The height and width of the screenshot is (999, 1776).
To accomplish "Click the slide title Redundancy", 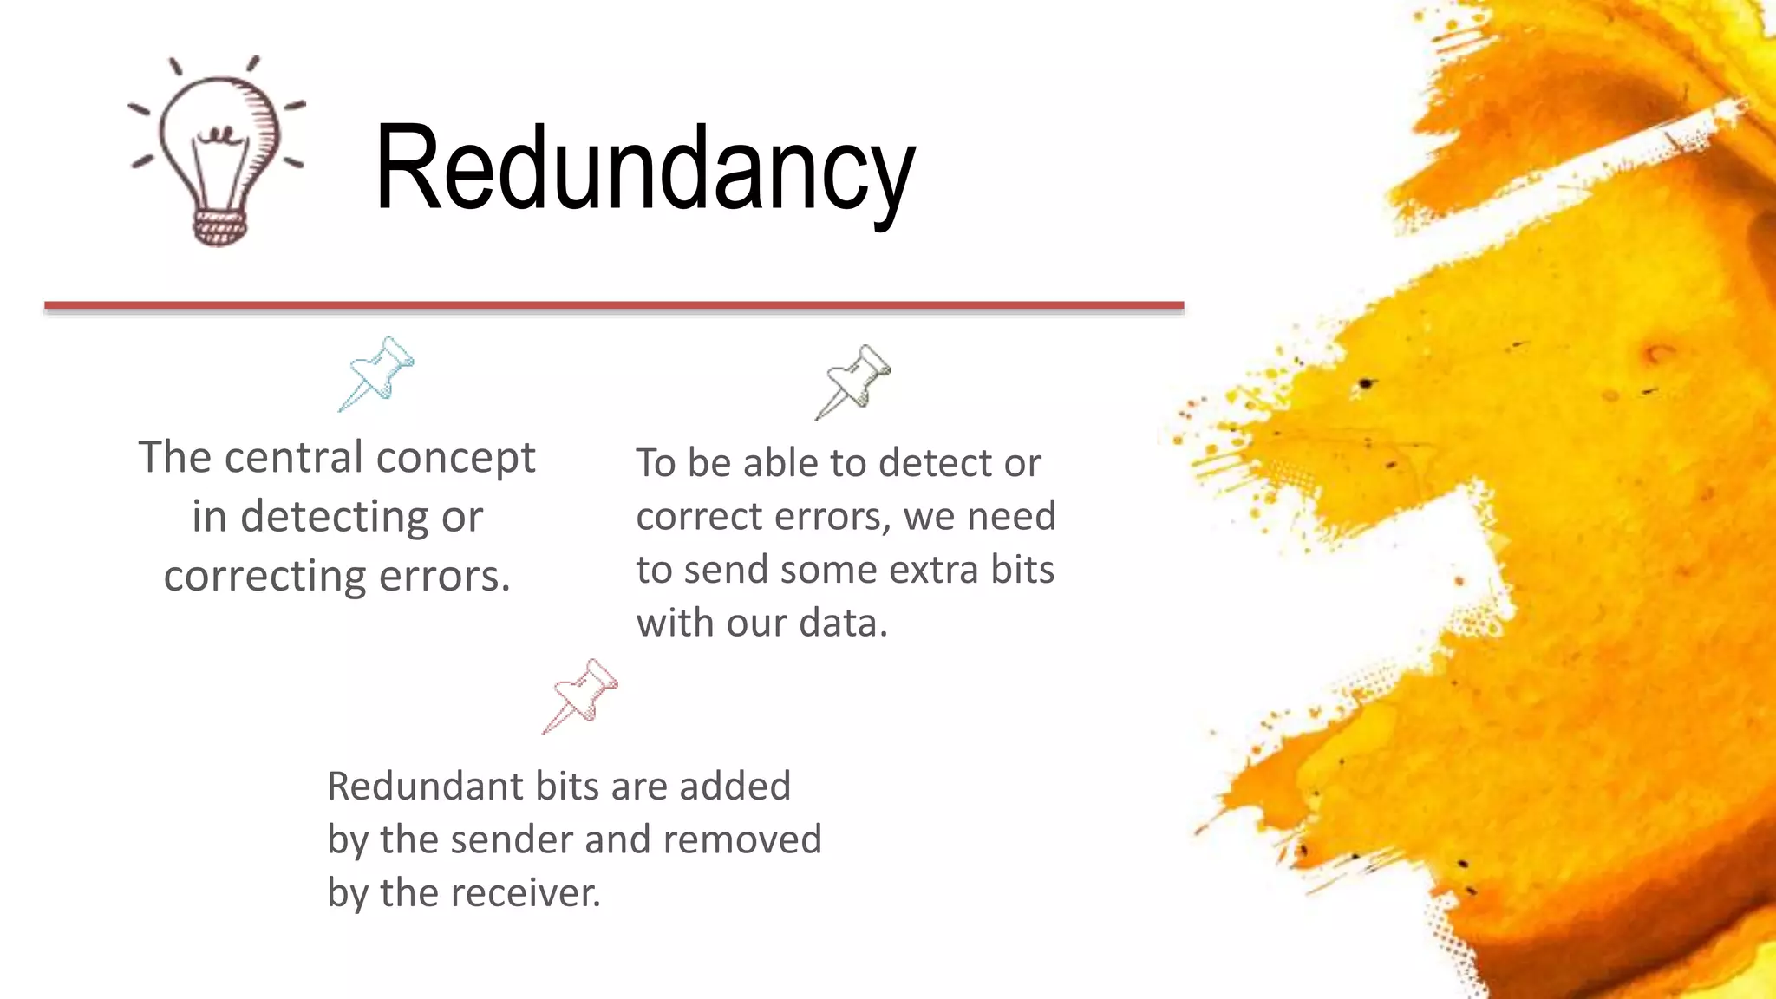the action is pyautogui.click(x=644, y=169).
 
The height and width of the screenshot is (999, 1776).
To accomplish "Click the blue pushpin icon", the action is pyautogui.click(x=377, y=374).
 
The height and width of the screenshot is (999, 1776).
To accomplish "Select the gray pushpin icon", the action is pyautogui.click(x=854, y=382).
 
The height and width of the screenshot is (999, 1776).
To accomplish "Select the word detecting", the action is pyautogui.click(x=335, y=517).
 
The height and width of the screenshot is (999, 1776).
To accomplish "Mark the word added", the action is pyautogui.click(x=735, y=787).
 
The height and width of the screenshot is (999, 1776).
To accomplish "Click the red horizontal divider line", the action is pyautogui.click(x=614, y=305).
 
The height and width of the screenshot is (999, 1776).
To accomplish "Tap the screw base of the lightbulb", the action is pyautogui.click(x=219, y=227).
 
